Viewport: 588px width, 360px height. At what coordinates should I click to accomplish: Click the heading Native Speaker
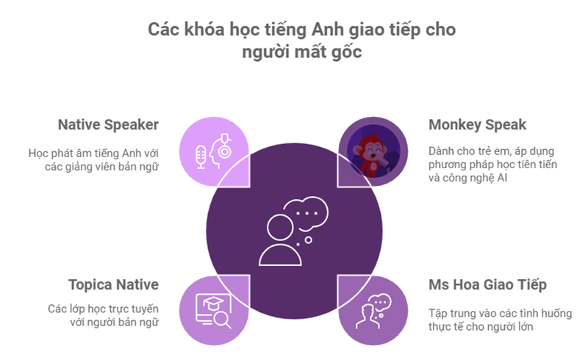tap(108, 124)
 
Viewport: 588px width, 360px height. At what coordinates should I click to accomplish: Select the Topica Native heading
tap(113, 284)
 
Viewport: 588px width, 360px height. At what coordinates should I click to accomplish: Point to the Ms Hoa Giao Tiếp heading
tap(487, 284)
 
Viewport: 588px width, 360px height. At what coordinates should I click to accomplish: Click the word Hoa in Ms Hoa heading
tap(468, 284)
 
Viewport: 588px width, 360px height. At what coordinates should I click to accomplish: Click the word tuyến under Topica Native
tap(143, 307)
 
